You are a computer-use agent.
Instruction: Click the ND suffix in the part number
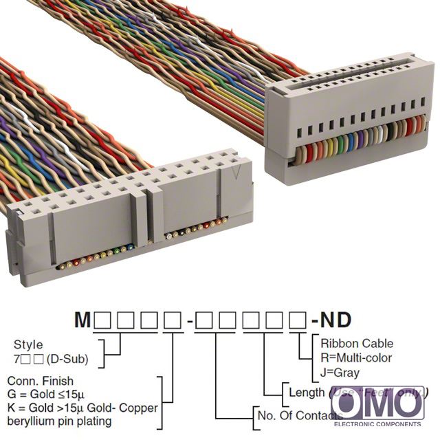pyautogui.click(x=335, y=320)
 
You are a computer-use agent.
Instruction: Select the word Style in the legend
pyautogui.click(x=28, y=344)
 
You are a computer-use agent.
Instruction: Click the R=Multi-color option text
pyautogui.click(x=357, y=357)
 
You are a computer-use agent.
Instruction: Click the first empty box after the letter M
pyautogui.click(x=103, y=320)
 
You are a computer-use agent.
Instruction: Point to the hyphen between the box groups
pyautogui.click(x=190, y=320)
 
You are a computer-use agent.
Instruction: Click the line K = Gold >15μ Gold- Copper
pyautogui.click(x=82, y=408)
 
